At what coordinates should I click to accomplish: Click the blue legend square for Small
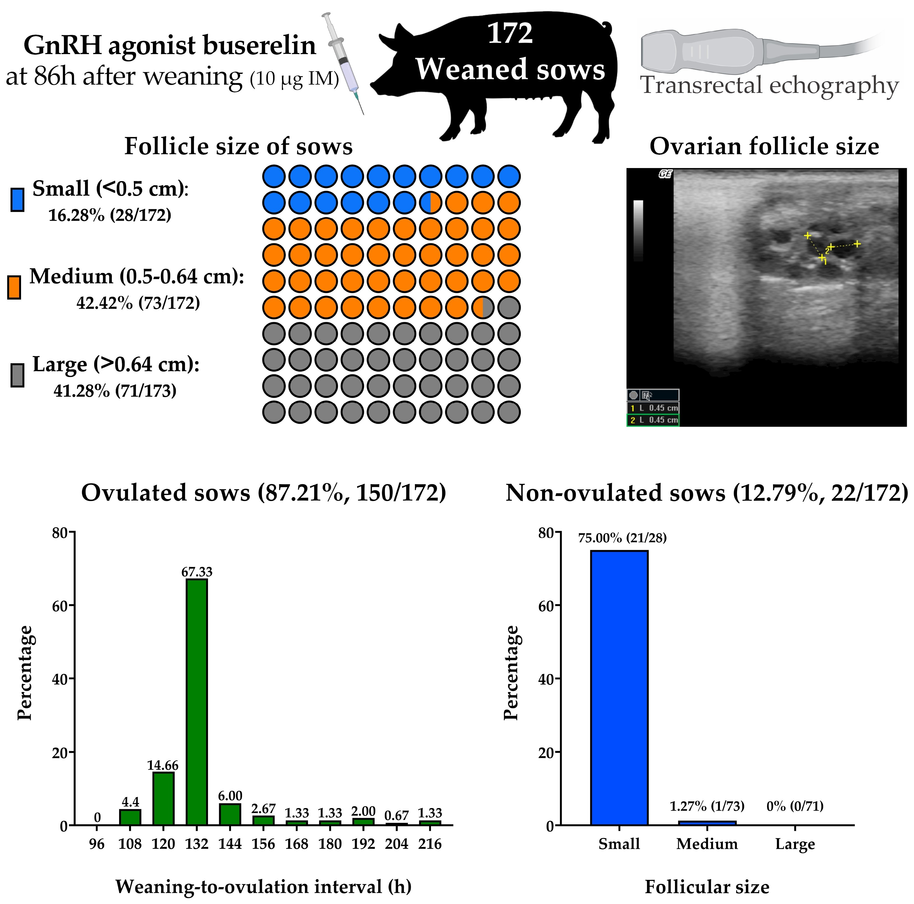click(x=17, y=200)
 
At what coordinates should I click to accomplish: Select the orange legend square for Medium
click(x=14, y=288)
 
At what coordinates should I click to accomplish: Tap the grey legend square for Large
click(x=17, y=375)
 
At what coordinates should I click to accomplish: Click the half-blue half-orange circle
click(x=430, y=203)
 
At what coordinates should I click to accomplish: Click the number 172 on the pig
click(x=510, y=34)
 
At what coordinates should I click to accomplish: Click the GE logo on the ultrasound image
click(x=665, y=174)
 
